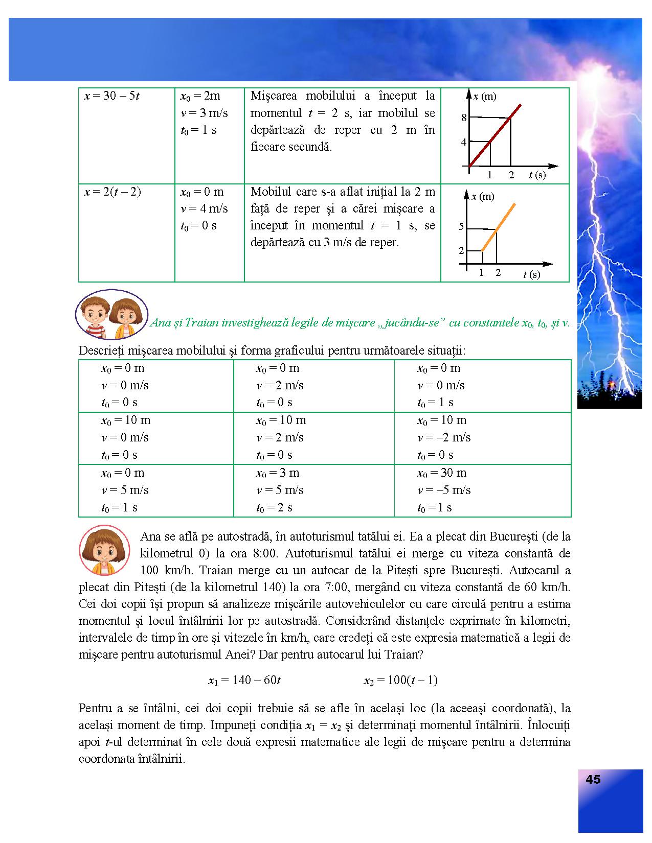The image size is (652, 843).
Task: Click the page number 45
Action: point(593,780)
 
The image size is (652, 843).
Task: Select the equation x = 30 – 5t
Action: point(111,96)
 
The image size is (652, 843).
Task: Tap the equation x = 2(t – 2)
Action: point(113,192)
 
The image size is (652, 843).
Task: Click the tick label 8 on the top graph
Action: point(464,118)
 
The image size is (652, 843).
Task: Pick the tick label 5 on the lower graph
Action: point(461,227)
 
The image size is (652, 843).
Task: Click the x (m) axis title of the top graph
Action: point(484,97)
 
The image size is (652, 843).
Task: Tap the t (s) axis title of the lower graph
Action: point(531,275)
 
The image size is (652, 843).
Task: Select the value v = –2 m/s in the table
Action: point(444,438)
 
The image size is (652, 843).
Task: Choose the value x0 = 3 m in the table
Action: point(278,473)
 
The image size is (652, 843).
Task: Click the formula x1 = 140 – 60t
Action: point(244,680)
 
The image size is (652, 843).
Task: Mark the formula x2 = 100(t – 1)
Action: point(400,680)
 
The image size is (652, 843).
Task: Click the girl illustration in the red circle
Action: point(104,550)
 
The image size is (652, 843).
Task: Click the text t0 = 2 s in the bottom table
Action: point(274,508)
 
